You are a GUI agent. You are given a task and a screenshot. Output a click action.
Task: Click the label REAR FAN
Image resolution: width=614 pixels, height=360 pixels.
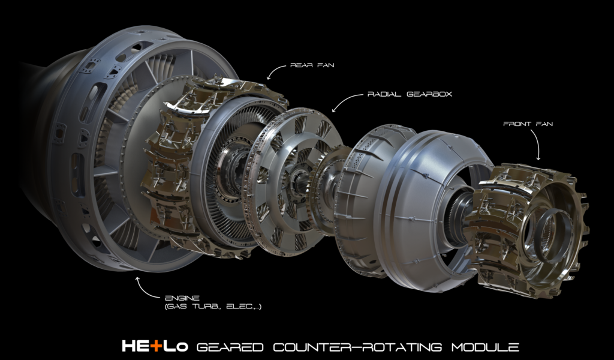312,65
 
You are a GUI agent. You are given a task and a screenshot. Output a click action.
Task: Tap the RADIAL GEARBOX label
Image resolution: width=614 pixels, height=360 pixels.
410,94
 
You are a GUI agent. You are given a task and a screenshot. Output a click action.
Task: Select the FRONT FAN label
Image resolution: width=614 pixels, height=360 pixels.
528,124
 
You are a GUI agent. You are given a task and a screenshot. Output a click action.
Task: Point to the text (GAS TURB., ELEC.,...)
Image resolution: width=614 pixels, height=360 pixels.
213,307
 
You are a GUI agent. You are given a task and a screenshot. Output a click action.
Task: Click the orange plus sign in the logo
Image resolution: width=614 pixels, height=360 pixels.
156,346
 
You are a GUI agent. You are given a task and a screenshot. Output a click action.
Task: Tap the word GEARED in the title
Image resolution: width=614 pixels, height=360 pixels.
230,347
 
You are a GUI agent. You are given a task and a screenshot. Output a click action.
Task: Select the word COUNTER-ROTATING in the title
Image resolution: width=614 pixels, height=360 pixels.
357,347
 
